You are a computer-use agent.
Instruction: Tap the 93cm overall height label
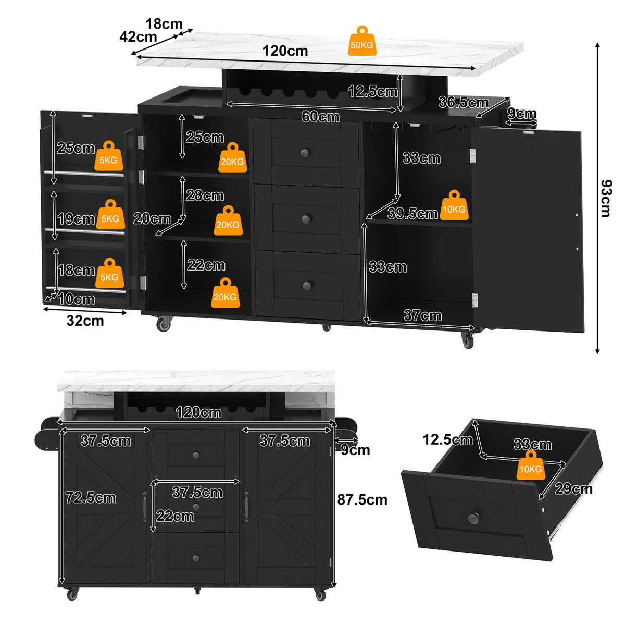(605, 199)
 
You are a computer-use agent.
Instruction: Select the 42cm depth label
(138, 36)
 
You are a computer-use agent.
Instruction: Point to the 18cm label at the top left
(164, 23)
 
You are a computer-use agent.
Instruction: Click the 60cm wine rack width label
(320, 117)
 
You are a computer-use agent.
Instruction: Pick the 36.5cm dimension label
(463, 102)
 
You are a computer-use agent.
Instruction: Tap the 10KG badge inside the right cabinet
(454, 205)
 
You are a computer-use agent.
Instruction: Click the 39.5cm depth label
(413, 213)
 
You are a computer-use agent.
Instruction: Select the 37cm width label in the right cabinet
(422, 315)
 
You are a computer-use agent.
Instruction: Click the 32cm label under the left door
(85, 321)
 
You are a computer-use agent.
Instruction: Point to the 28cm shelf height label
(205, 195)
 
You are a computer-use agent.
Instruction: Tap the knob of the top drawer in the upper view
(305, 153)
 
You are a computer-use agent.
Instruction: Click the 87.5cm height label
(362, 500)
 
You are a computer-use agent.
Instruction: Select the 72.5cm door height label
(91, 497)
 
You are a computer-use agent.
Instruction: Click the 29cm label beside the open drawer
(573, 488)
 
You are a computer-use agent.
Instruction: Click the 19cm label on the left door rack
(76, 219)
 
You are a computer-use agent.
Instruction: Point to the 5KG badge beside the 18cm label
(109, 273)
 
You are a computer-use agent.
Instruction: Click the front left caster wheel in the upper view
(163, 324)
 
